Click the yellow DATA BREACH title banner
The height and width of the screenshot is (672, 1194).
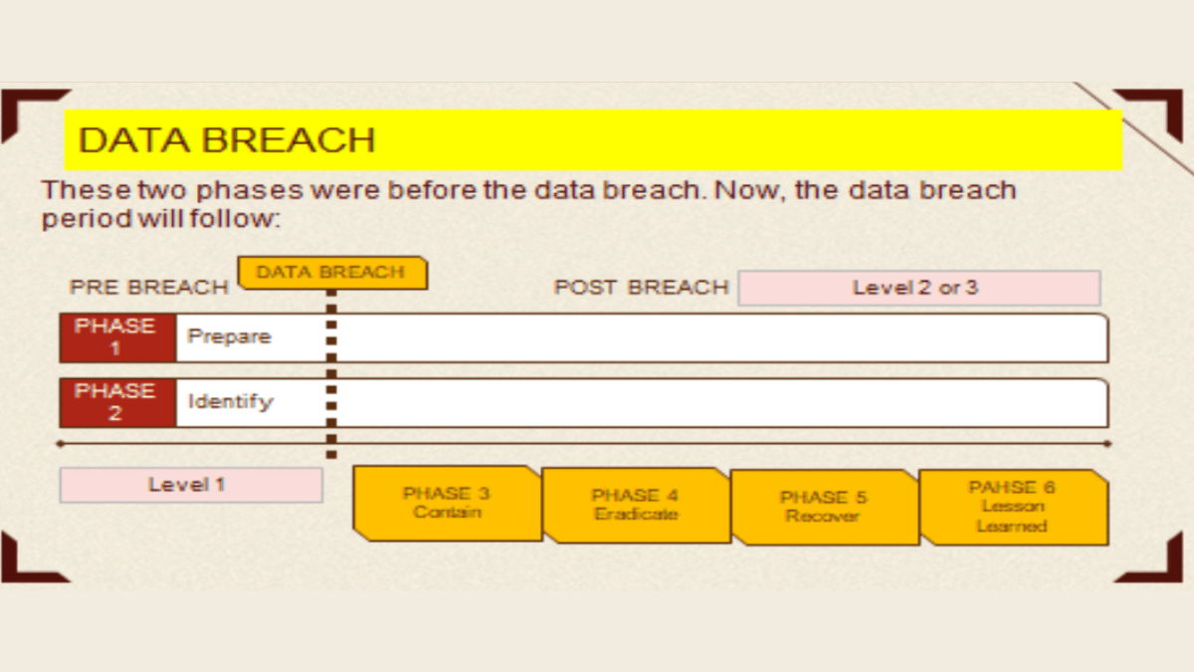(x=593, y=139)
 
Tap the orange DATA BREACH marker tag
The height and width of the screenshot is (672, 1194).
(x=331, y=272)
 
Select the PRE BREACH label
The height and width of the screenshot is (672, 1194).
(x=148, y=288)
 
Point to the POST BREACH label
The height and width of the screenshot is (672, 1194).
(x=641, y=288)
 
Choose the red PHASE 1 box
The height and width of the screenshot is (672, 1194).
(x=116, y=337)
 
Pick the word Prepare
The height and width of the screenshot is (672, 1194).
(x=229, y=336)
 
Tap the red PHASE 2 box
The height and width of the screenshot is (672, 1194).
(x=116, y=402)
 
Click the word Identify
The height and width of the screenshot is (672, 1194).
(x=230, y=402)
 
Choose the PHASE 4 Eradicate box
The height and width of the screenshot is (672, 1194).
(x=636, y=505)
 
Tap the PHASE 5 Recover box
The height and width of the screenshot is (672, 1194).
(x=824, y=507)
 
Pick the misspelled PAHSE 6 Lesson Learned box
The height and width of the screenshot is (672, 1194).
(x=1012, y=507)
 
